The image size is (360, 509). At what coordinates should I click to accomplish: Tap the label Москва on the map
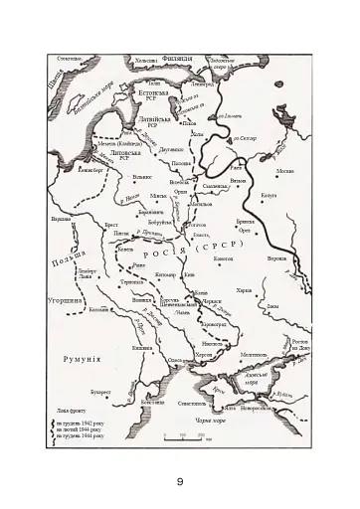[284, 171]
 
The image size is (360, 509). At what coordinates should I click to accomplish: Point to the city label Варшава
[62, 219]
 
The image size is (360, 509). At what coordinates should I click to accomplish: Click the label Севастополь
[192, 404]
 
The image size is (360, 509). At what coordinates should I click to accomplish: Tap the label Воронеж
[276, 258]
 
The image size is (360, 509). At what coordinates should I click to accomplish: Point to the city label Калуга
[269, 196]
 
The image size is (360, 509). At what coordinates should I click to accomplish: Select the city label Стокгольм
[69, 59]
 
